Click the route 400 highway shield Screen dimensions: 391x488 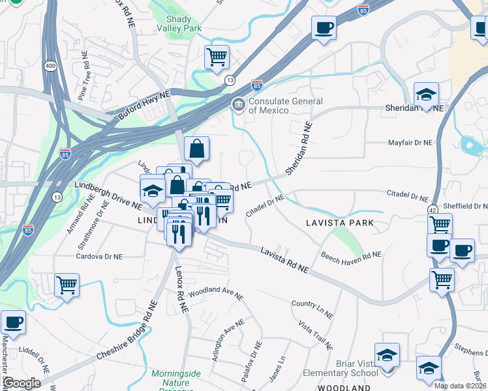click(x=50, y=66)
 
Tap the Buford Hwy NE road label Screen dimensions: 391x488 click(x=144, y=104)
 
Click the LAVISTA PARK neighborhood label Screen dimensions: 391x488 click(x=340, y=223)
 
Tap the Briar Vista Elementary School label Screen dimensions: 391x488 click(x=341, y=368)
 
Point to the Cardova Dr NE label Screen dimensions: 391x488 click(x=99, y=256)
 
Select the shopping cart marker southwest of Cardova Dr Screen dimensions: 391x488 click(x=67, y=285)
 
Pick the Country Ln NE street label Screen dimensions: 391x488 click(x=313, y=309)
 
